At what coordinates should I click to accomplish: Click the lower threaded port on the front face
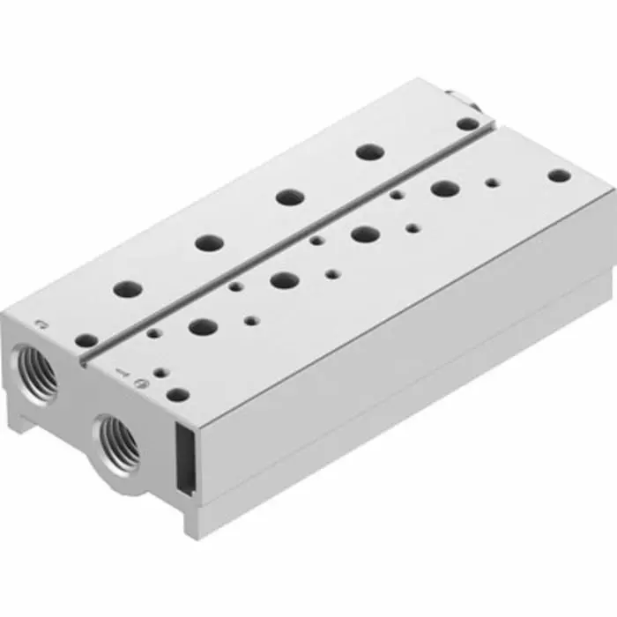click(118, 439)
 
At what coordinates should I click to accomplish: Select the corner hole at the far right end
click(559, 175)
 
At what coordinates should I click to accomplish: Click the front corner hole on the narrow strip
click(85, 339)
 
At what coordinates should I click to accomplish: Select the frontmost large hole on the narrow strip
click(129, 287)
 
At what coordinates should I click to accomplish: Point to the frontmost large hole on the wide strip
click(204, 326)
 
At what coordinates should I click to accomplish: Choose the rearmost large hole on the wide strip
click(444, 188)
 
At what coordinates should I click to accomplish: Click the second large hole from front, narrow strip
click(209, 241)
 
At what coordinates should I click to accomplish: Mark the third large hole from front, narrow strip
click(289, 197)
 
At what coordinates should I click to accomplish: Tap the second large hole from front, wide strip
click(284, 280)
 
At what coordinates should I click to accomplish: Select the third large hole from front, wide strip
click(363, 234)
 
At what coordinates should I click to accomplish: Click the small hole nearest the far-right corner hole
click(492, 184)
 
